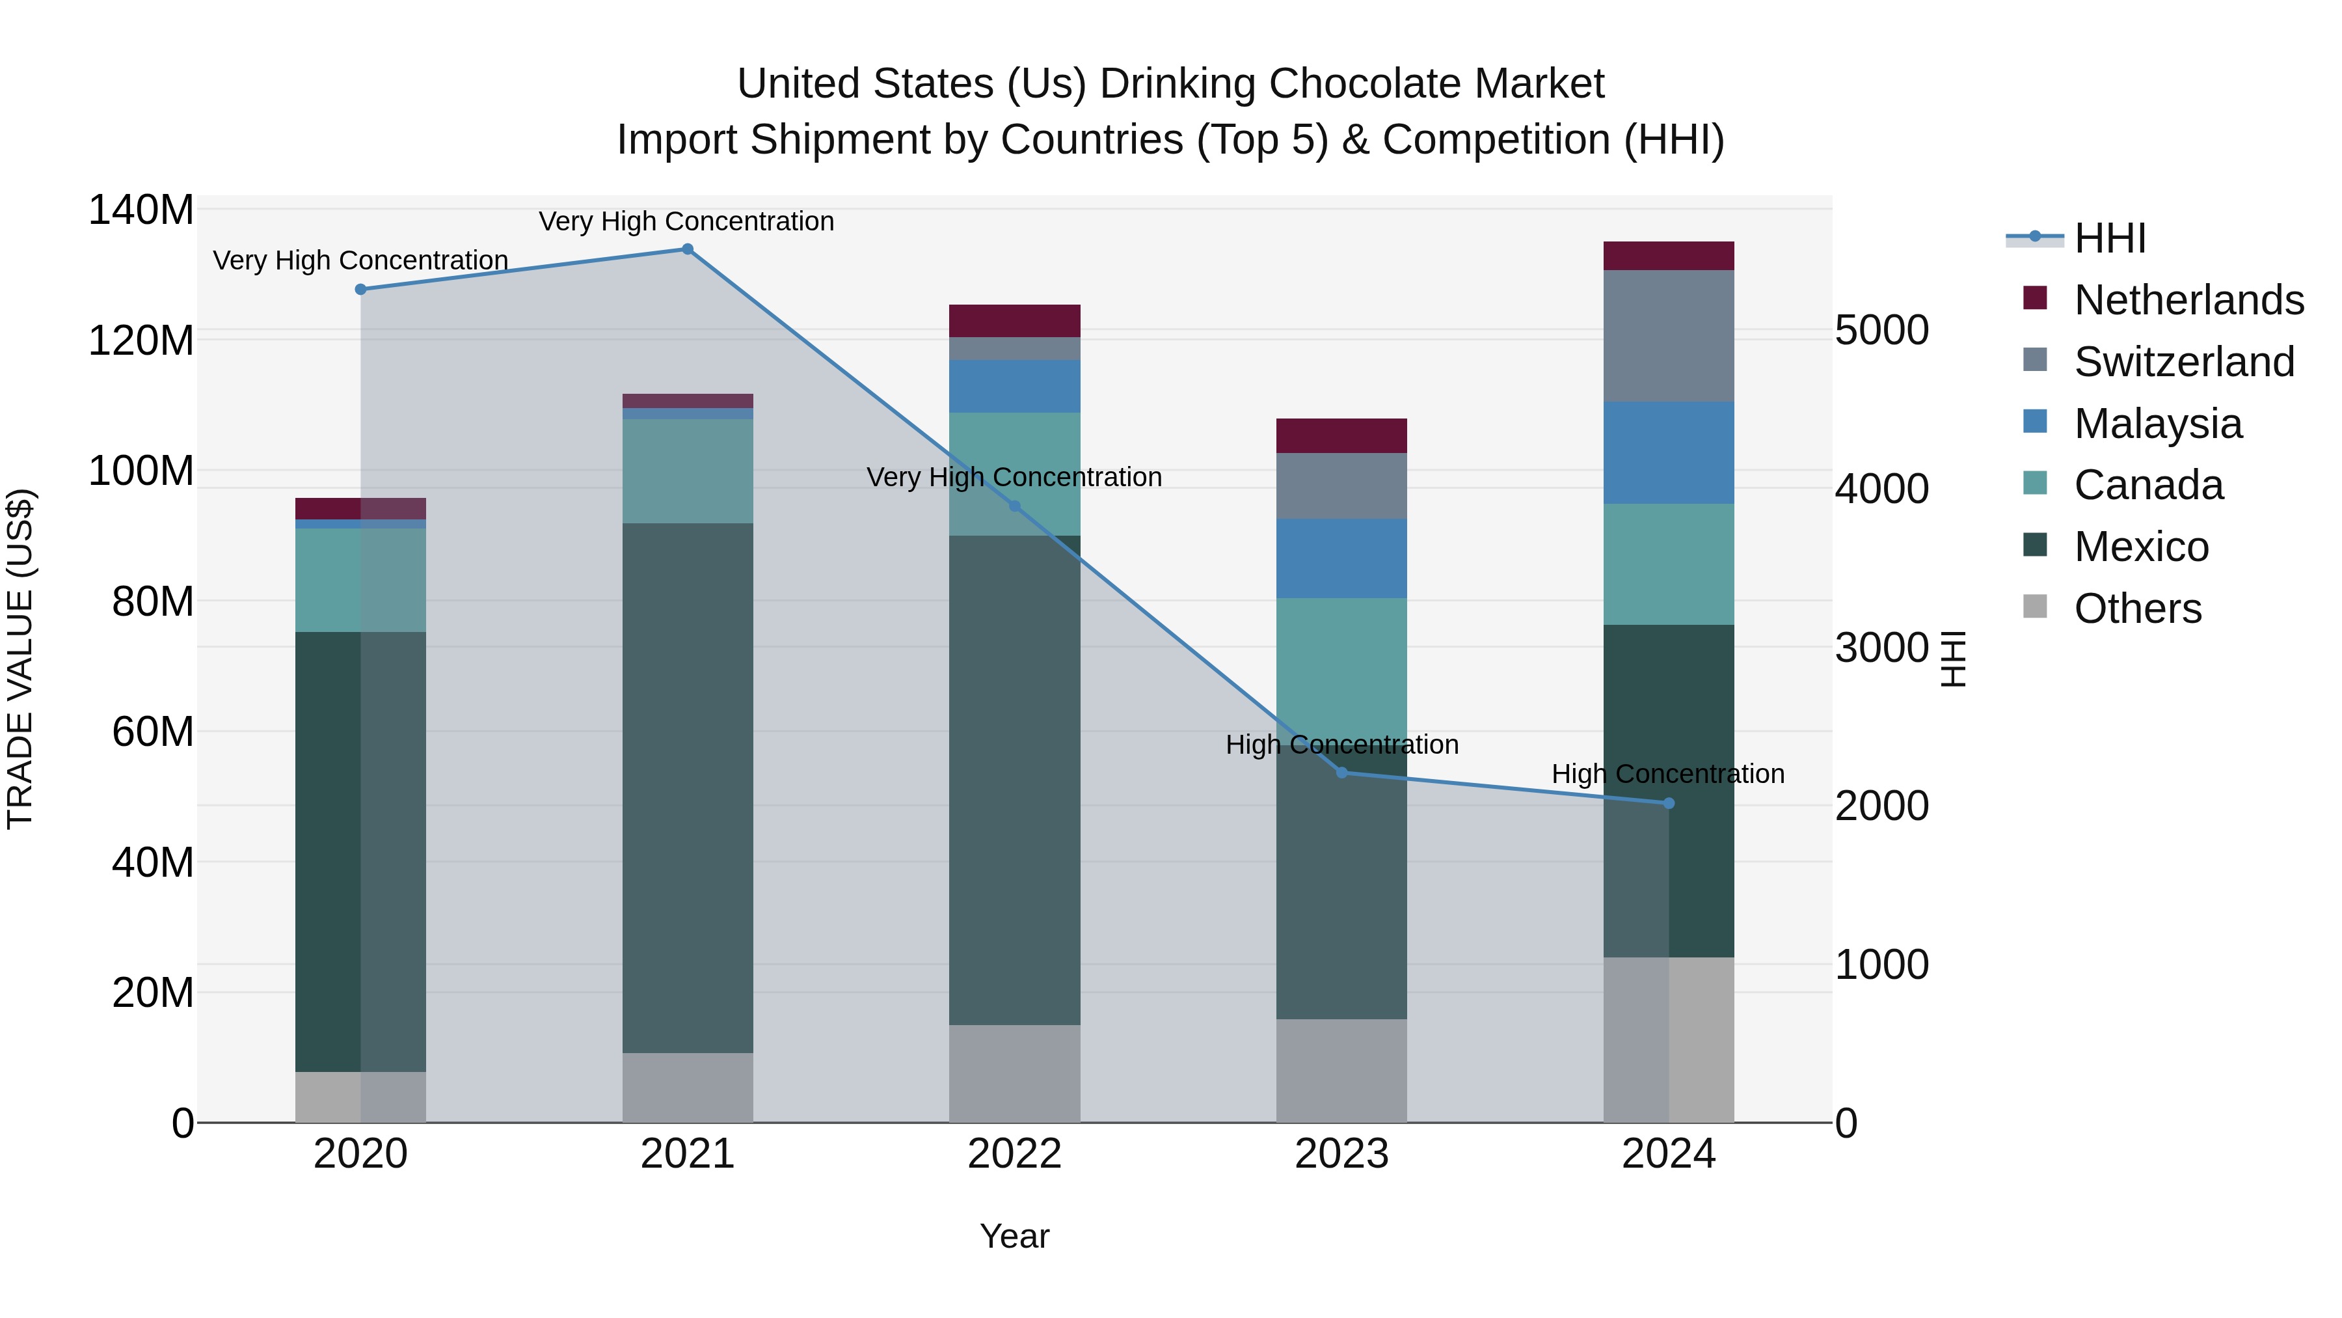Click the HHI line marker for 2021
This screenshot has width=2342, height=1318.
pos(688,249)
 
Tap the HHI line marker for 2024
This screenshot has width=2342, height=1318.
pos(1668,803)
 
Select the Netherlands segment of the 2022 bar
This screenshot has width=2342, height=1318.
pos(1015,321)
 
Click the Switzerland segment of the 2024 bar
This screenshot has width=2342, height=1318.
pos(1668,336)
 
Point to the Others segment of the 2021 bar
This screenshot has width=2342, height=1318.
pos(688,1087)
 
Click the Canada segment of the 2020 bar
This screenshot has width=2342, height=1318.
pos(360,581)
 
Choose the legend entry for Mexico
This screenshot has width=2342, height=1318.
pos(2140,547)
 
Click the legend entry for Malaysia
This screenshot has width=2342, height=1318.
pos(2157,424)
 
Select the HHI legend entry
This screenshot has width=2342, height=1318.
pos(2109,238)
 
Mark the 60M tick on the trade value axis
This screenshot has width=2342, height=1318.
pos(152,732)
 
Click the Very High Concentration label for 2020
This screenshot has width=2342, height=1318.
pos(360,261)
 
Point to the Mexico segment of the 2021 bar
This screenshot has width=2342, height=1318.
pos(688,787)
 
